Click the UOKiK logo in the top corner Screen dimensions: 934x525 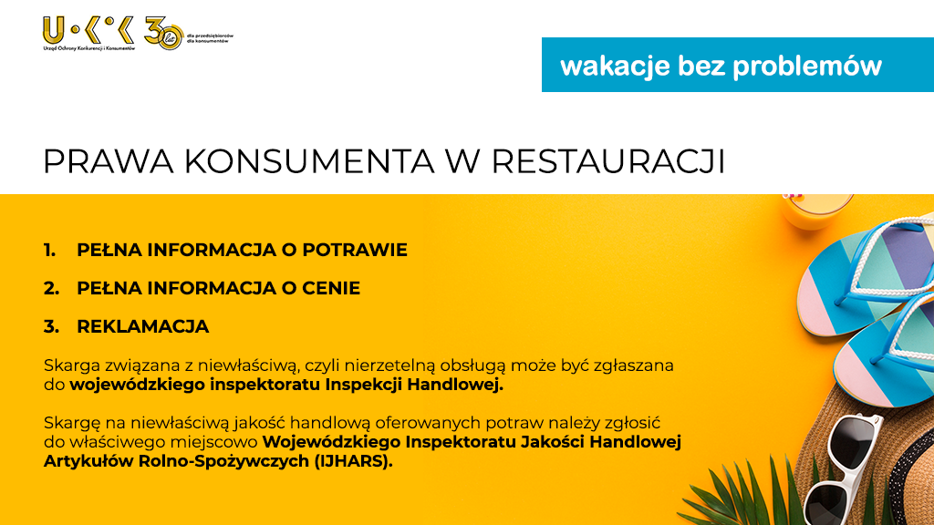tap(88, 34)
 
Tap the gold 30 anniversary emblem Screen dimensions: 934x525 tap(164, 34)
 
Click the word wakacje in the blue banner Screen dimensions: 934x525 tap(615, 67)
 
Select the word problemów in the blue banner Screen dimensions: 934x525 tap(807, 66)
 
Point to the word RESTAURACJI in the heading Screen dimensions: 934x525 tap(608, 161)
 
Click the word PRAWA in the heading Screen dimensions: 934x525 tap(109, 161)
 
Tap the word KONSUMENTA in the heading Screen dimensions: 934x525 tap(309, 161)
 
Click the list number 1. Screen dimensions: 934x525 tap(49, 250)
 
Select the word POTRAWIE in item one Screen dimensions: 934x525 tap(355, 250)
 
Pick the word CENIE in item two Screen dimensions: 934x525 tap(331, 288)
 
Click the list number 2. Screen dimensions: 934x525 tap(51, 288)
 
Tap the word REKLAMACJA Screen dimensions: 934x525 tap(143, 326)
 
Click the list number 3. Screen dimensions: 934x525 tap(51, 326)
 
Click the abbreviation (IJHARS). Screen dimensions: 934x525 tap(353, 461)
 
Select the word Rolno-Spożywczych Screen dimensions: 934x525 tap(224, 461)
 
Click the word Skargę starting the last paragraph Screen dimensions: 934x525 tap(72, 423)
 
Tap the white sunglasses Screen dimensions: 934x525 tap(843, 470)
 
